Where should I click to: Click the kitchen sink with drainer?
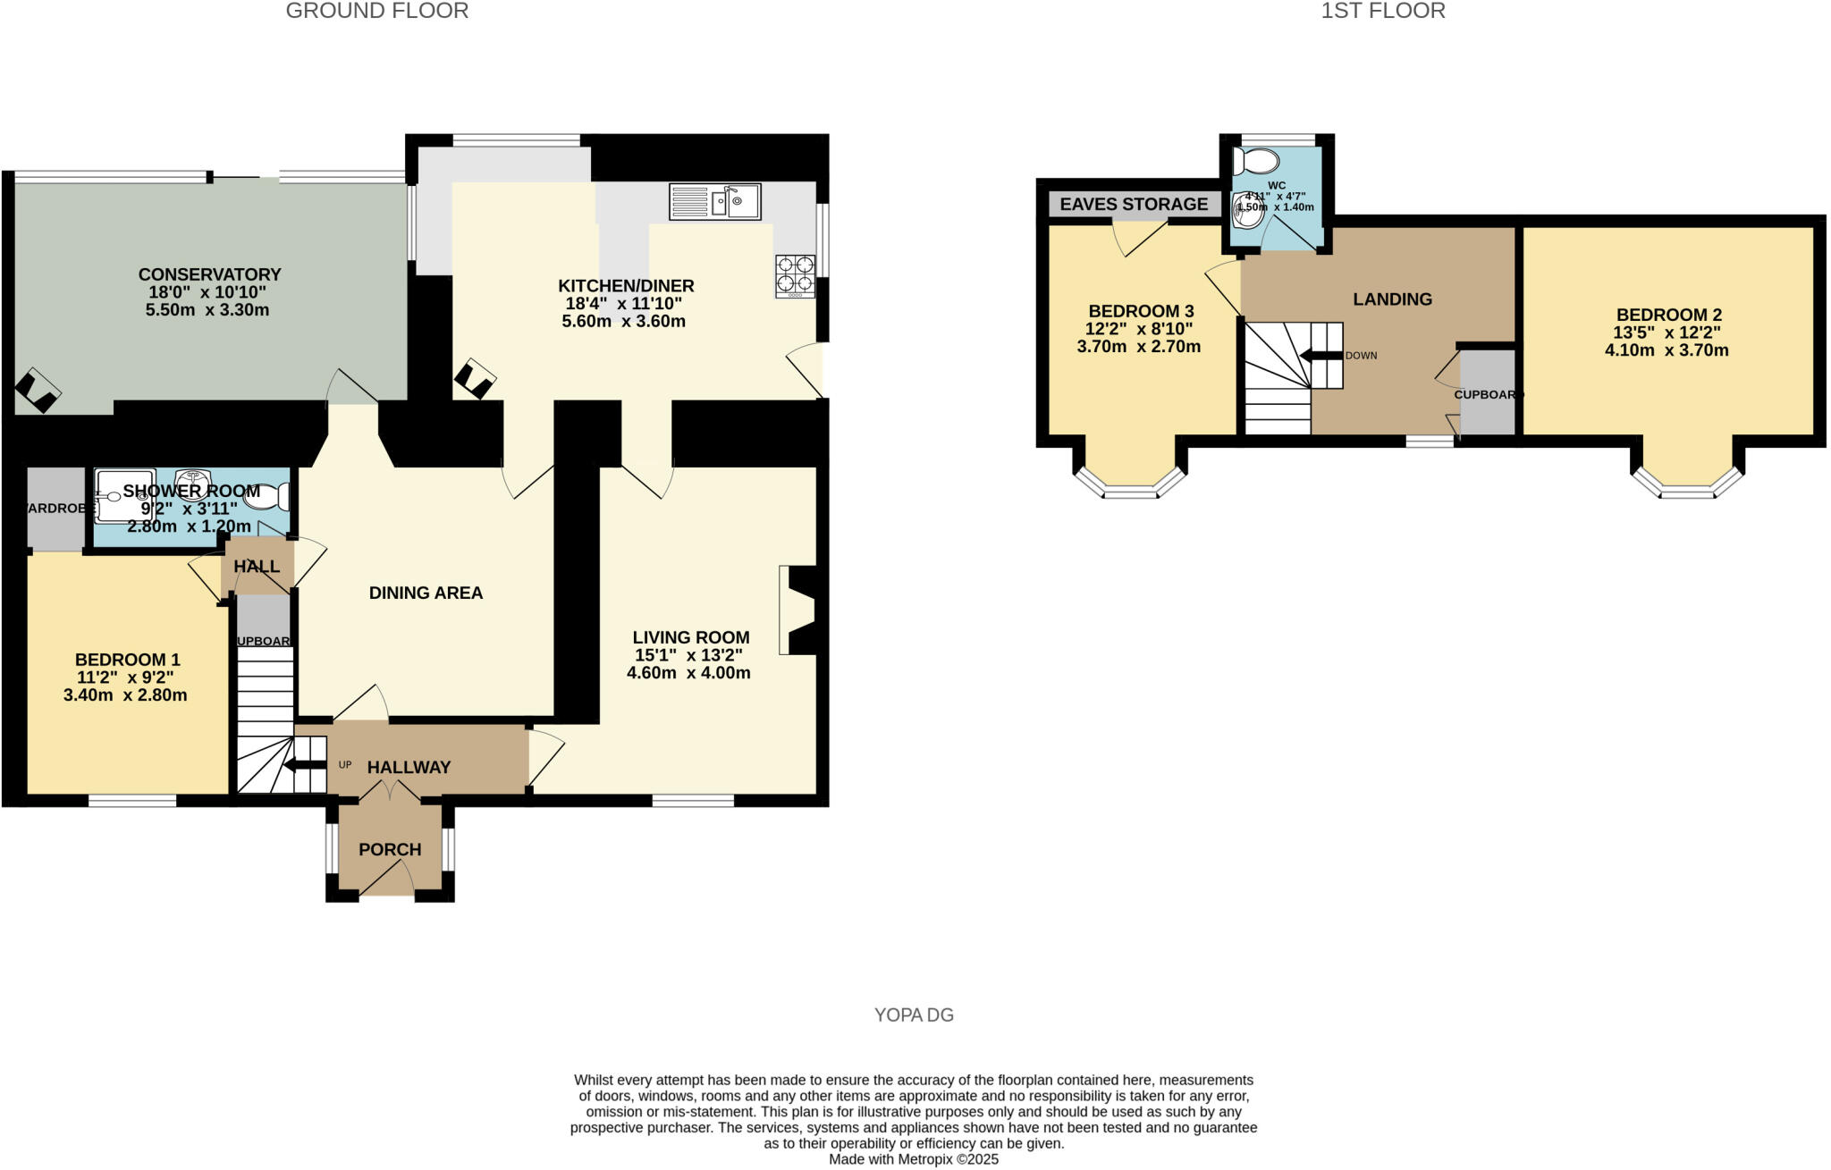(x=714, y=202)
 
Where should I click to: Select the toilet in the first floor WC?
(x=1255, y=162)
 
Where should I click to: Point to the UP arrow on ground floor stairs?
(x=304, y=765)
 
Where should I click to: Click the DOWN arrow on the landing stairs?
(x=1321, y=355)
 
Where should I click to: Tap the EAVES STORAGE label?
(x=1134, y=205)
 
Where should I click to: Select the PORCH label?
(x=390, y=849)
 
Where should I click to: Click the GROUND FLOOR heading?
(x=377, y=11)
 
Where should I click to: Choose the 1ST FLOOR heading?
(x=1383, y=11)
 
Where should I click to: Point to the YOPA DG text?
(x=914, y=1014)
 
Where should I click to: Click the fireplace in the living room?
(x=798, y=611)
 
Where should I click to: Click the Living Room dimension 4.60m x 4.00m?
(x=688, y=673)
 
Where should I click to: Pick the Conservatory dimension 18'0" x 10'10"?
(x=208, y=292)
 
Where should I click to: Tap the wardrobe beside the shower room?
(x=55, y=508)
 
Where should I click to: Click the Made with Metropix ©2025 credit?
(x=913, y=1159)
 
